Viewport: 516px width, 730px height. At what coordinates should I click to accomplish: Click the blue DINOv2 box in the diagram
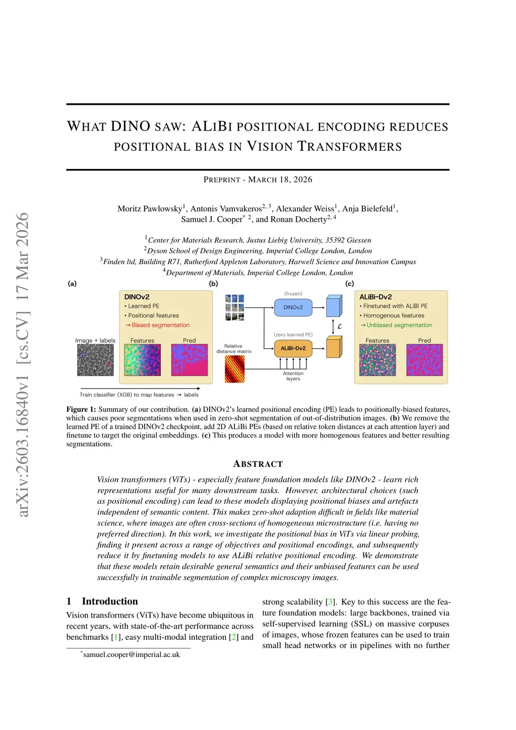(293, 308)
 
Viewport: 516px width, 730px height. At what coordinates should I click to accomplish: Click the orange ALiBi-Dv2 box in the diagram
(293, 348)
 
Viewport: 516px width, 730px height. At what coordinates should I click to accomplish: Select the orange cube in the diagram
(334, 347)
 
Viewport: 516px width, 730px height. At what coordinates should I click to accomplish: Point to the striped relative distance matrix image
(234, 369)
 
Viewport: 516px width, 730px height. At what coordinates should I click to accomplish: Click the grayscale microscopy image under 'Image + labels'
(95, 360)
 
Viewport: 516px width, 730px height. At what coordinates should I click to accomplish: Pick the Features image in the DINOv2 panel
(142, 360)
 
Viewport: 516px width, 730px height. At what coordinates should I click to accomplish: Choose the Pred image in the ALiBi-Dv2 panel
(424, 360)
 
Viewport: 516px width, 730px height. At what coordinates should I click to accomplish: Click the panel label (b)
(214, 284)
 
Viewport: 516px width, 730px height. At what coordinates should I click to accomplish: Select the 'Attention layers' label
(293, 376)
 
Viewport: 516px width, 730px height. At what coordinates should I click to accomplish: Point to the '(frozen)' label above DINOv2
(293, 293)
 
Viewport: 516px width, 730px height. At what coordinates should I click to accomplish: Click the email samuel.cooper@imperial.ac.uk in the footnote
(132, 654)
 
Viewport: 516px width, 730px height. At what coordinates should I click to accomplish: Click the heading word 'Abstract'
(258, 464)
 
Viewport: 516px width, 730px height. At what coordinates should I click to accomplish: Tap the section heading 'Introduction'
(110, 601)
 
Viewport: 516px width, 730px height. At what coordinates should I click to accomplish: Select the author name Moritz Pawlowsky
(150, 209)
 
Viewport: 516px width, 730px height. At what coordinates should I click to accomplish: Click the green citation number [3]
(330, 602)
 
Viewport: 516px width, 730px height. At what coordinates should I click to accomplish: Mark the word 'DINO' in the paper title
(131, 126)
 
